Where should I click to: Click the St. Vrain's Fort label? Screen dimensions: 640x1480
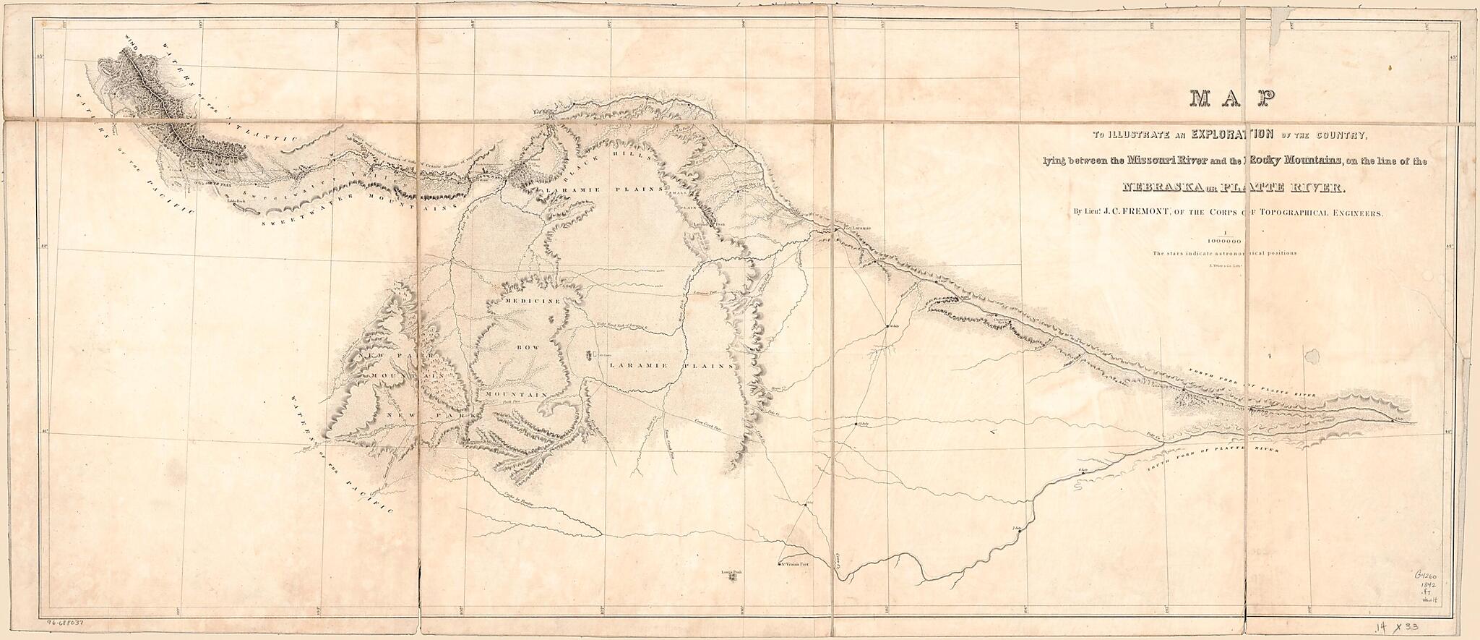click(x=798, y=565)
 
